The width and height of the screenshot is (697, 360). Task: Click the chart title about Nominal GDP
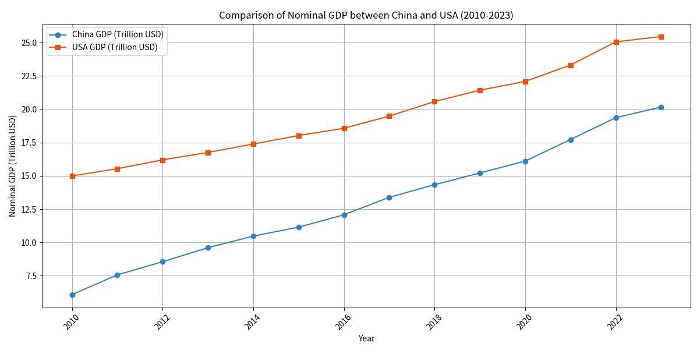(366, 15)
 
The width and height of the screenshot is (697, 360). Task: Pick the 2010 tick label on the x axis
(71, 322)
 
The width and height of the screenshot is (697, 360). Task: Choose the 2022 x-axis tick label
(615, 322)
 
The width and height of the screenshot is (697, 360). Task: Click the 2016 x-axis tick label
(343, 322)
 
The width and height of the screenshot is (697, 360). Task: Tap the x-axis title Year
(366, 338)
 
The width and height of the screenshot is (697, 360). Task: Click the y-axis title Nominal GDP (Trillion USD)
(13, 166)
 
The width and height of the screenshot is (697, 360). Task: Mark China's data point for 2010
(72, 295)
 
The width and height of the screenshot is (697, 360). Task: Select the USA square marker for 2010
(72, 176)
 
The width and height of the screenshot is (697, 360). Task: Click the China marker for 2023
(661, 107)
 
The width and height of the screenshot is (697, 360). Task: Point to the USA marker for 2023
(661, 37)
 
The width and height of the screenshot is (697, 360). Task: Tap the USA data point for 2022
(616, 42)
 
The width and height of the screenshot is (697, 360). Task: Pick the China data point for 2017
(389, 197)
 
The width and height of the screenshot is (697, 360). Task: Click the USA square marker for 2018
(434, 101)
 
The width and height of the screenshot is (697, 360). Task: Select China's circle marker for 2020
(525, 161)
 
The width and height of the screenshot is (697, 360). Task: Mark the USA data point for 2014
(253, 144)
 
